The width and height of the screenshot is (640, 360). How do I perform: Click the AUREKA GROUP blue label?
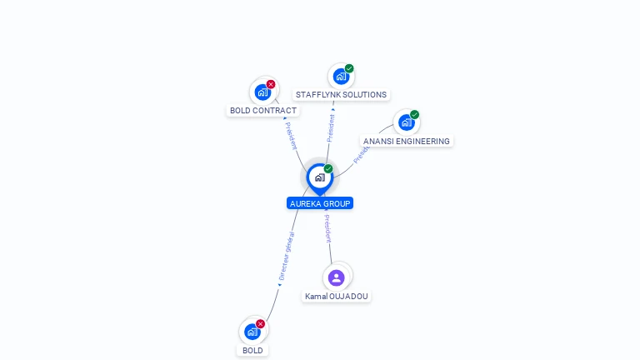tap(320, 203)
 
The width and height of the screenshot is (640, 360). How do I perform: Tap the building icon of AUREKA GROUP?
tap(319, 177)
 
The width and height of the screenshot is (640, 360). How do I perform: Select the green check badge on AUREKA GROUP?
tap(328, 169)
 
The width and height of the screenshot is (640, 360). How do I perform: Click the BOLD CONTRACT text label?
tap(262, 111)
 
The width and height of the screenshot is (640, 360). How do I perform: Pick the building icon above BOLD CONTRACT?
tap(262, 92)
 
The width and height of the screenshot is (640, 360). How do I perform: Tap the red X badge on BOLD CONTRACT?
tap(271, 84)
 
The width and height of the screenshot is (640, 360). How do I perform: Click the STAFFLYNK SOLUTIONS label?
tap(341, 95)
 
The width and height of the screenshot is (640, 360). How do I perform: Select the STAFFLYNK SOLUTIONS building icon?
tap(340, 77)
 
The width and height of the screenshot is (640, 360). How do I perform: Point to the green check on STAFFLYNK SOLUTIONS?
tap(349, 68)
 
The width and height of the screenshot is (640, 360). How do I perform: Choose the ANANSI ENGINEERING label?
tap(407, 142)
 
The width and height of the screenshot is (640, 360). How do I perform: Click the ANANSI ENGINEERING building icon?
tap(406, 122)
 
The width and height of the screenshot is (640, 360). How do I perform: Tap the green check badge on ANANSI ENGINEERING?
tap(414, 115)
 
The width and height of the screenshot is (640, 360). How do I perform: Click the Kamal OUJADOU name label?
tap(337, 297)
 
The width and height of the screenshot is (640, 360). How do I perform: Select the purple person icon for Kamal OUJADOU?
tap(337, 277)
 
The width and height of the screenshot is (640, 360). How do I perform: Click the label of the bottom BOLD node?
tap(252, 351)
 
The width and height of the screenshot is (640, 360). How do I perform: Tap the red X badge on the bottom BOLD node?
tap(260, 324)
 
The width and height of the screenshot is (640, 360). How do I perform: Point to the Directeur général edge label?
tap(286, 257)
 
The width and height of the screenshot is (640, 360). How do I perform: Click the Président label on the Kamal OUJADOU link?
tap(328, 229)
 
